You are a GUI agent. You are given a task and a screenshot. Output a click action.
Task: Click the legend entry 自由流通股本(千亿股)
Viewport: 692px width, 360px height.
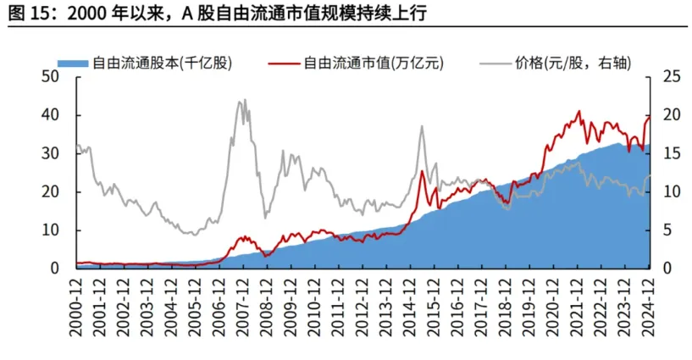(161, 62)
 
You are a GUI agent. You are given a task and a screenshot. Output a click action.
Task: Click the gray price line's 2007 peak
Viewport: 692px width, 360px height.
(242, 100)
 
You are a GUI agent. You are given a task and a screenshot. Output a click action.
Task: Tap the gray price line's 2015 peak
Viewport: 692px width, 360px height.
(422, 126)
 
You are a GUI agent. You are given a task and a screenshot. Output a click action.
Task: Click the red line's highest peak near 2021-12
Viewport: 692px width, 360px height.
(579, 111)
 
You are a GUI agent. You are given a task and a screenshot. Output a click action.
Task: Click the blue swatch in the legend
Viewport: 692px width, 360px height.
(73, 63)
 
